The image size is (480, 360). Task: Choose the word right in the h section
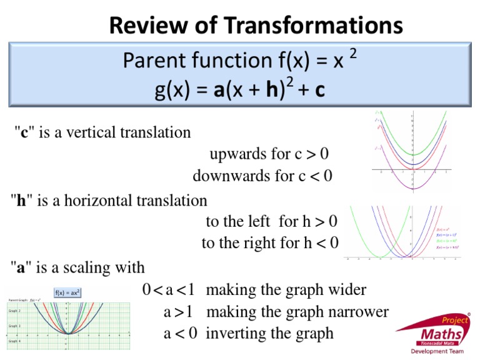click(x=257, y=242)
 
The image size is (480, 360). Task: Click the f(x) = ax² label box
click(x=68, y=292)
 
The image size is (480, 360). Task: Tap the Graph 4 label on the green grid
click(x=14, y=341)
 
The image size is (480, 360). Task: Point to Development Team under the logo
click(x=441, y=351)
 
